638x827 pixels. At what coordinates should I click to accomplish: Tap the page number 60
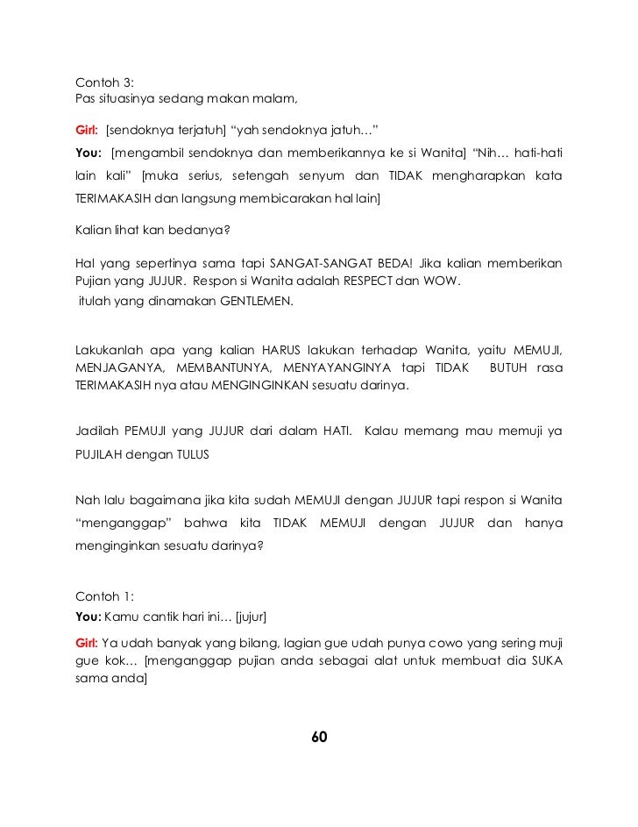point(319,736)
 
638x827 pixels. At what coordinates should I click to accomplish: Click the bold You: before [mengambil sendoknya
point(89,154)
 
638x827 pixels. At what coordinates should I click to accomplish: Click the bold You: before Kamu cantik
point(89,615)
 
